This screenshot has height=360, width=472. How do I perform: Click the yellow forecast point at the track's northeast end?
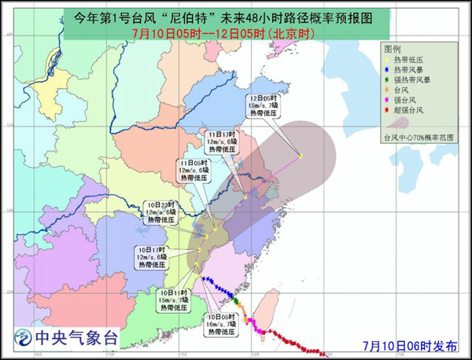tap(300, 156)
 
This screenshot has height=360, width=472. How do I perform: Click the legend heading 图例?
tap(393, 49)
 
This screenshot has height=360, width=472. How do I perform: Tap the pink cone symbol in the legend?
tap(397, 123)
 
